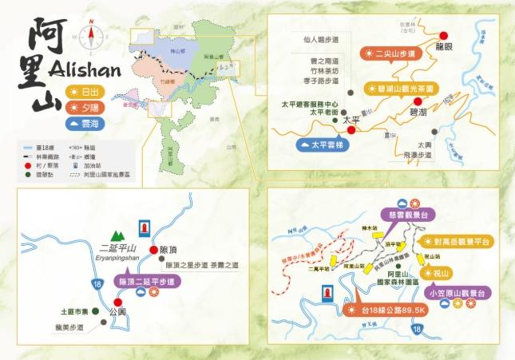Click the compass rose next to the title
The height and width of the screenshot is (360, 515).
(93, 36)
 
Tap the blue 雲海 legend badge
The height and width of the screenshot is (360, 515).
(83, 123)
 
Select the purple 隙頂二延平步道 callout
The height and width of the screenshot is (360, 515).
(145, 281)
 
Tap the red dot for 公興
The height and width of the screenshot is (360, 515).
(118, 302)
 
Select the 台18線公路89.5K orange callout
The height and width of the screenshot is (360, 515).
(378, 310)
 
